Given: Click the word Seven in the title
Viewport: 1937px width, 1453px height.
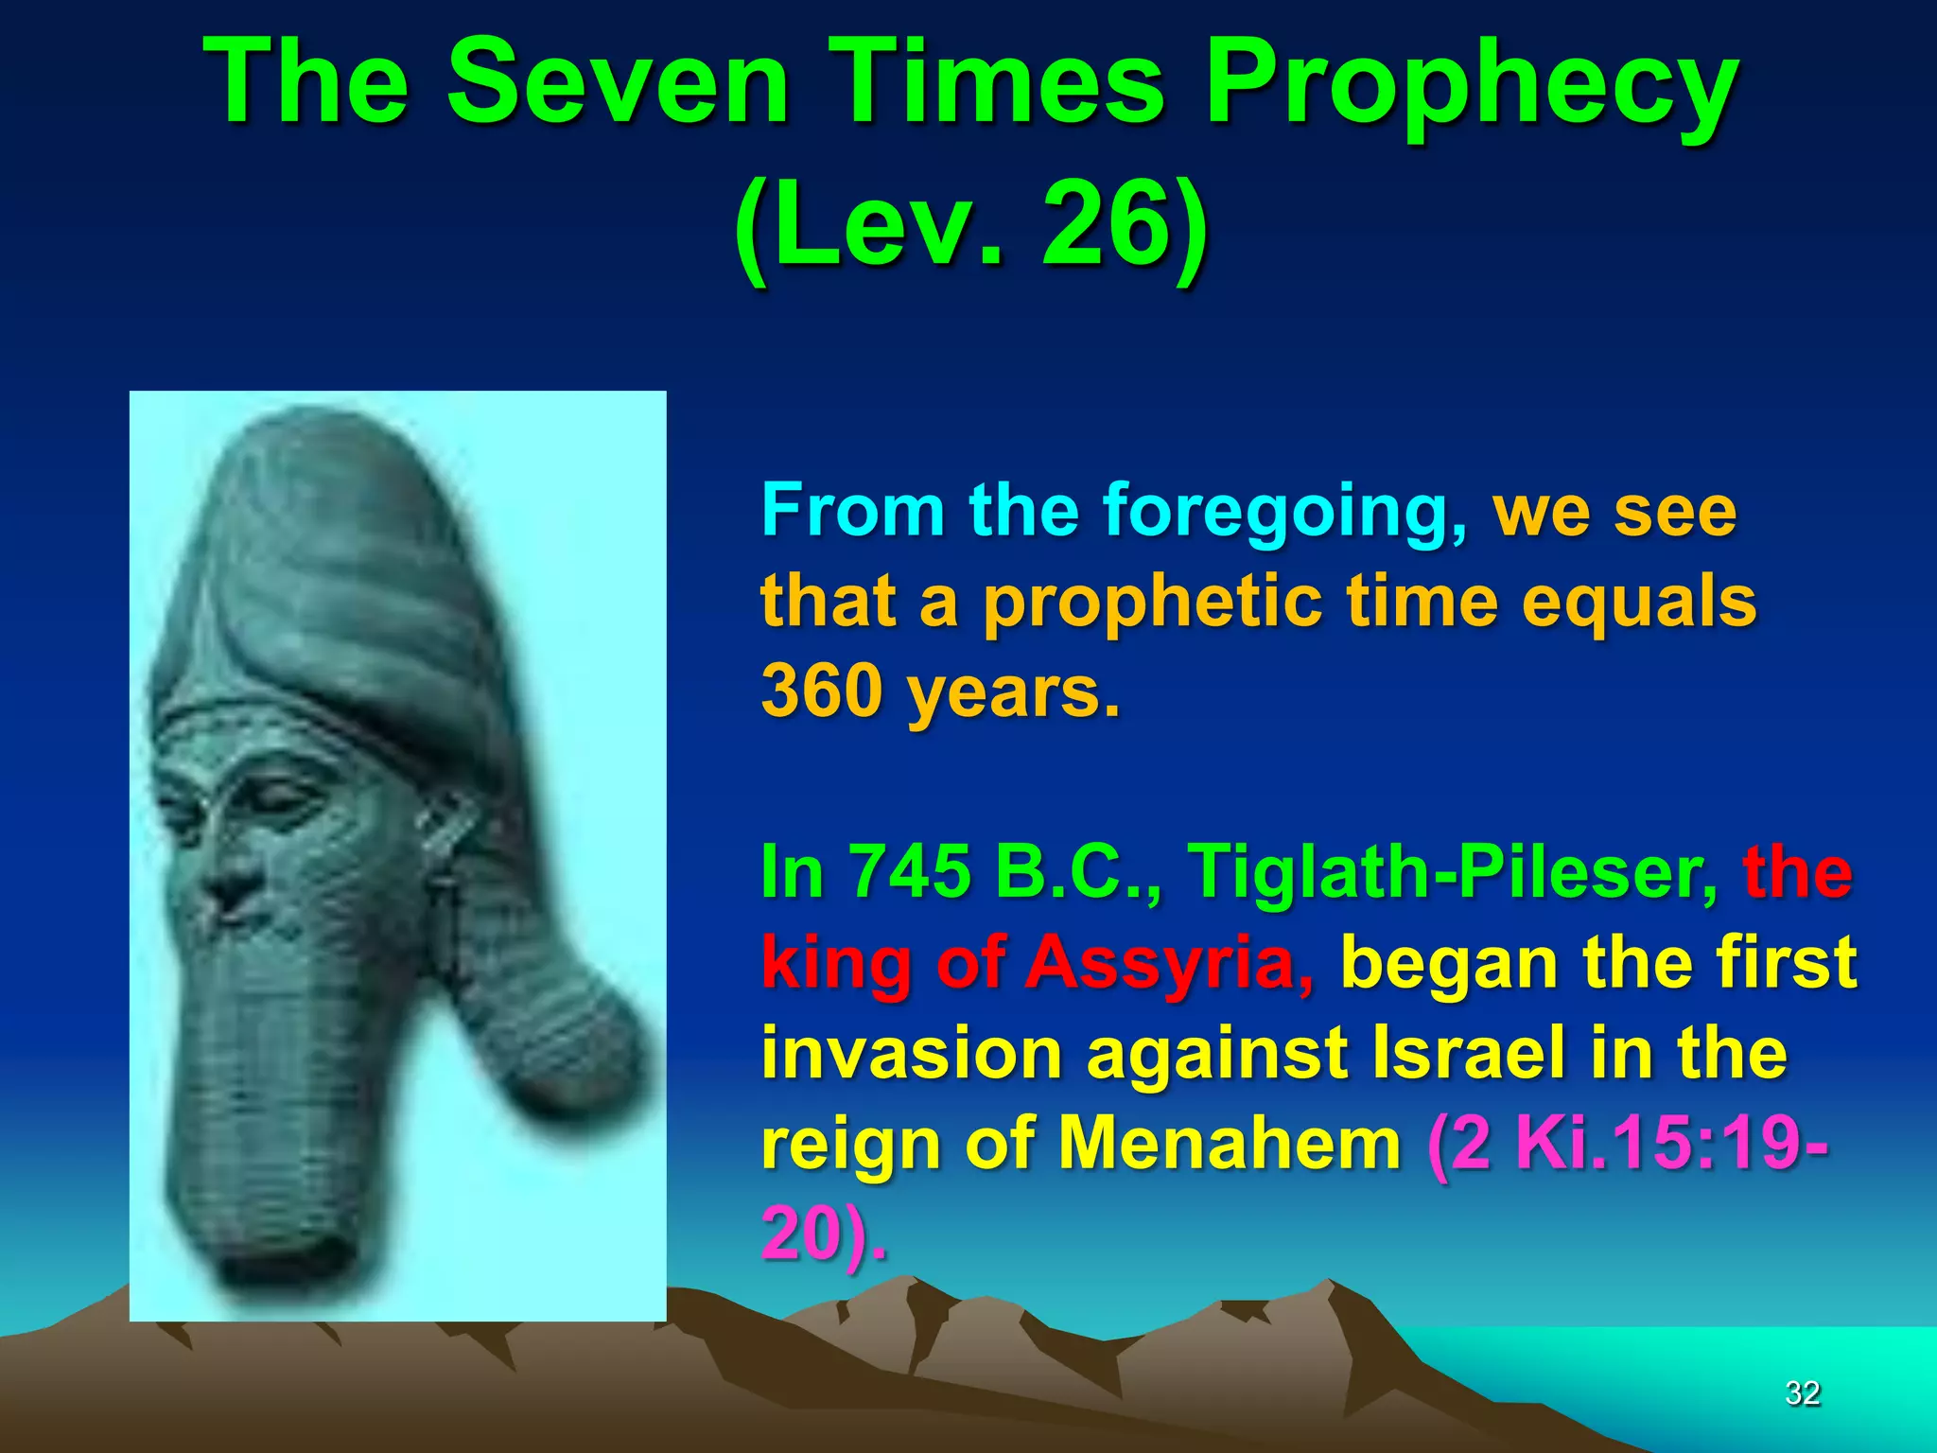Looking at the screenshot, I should [618, 83].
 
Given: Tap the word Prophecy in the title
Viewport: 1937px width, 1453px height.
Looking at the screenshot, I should [1472, 87].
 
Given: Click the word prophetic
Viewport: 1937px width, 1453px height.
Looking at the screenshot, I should [1154, 602].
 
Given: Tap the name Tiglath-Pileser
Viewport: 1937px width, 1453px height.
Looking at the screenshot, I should [1453, 870].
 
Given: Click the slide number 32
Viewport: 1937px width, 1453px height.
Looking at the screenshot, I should [1802, 1392].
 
